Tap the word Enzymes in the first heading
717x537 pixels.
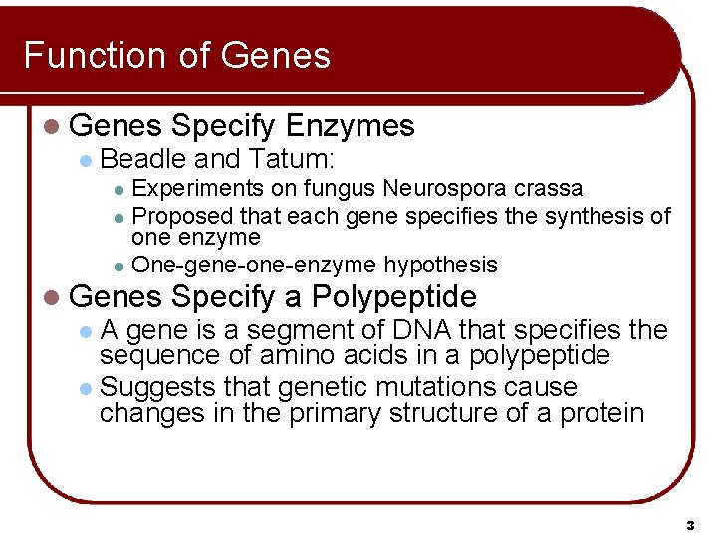point(349,125)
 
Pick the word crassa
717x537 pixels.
point(550,188)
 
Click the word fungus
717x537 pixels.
point(341,188)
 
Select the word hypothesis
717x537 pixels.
point(440,265)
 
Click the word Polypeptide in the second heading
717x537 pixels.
point(393,296)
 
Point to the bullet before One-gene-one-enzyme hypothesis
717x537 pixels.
point(119,266)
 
